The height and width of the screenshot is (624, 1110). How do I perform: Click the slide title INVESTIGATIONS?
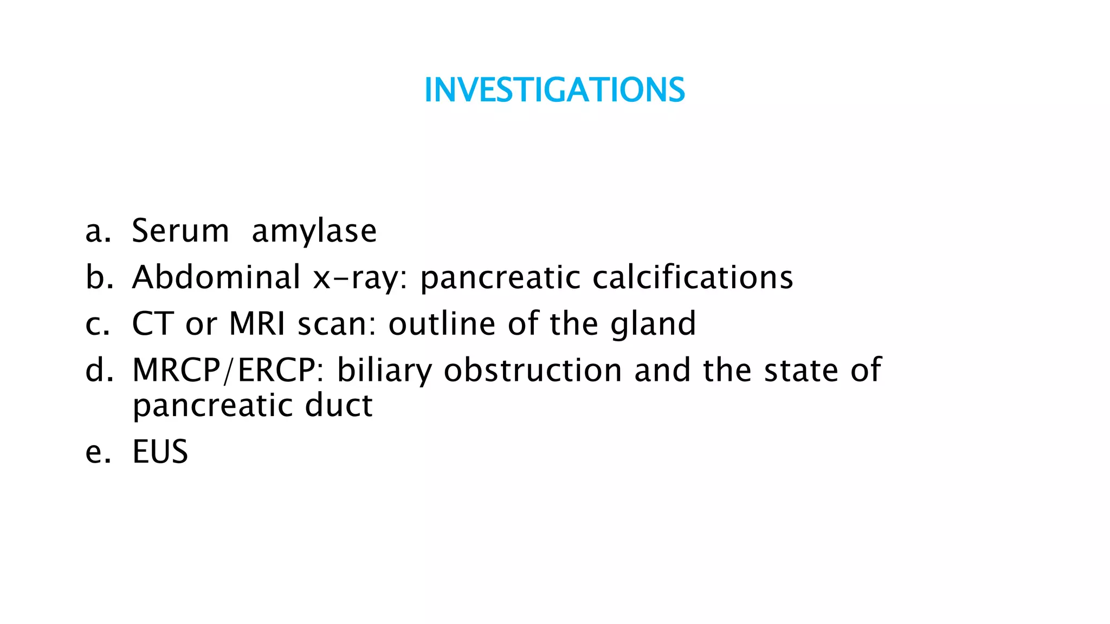[554, 90]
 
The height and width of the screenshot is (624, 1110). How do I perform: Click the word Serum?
[180, 231]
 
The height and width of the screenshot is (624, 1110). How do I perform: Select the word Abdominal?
[216, 277]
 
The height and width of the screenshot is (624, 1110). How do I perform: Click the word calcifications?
[693, 277]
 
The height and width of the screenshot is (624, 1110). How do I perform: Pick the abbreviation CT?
[153, 324]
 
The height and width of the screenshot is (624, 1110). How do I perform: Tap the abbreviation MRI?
[257, 324]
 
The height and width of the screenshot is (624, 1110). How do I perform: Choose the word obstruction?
[533, 370]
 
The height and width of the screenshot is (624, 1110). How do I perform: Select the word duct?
[339, 405]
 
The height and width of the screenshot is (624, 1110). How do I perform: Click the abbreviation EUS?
[160, 452]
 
